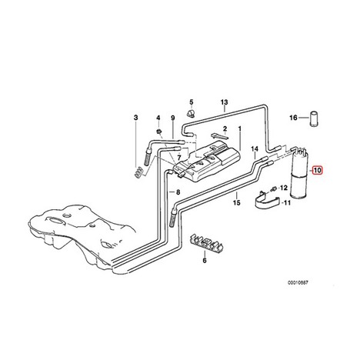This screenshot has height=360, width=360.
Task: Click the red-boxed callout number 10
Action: click(318, 170)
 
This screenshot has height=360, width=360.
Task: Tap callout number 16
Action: click(293, 118)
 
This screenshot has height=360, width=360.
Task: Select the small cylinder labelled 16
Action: click(315, 118)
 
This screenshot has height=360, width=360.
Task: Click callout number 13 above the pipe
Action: click(224, 102)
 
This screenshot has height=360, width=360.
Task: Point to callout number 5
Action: click(192, 102)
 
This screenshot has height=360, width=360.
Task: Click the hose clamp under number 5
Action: click(191, 113)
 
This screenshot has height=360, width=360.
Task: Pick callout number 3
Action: click(135, 118)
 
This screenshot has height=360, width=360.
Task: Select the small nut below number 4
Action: click(159, 132)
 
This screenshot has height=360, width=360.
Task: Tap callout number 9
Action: click(173, 118)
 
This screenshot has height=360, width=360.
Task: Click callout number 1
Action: click(240, 128)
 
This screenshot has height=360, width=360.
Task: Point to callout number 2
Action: click(225, 128)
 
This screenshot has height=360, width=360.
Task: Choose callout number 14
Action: click(255, 148)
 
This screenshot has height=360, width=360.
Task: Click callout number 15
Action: click(236, 203)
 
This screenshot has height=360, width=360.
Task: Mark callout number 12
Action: click(283, 188)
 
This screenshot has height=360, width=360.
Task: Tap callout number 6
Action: click(205, 260)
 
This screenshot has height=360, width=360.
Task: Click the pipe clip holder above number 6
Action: click(206, 242)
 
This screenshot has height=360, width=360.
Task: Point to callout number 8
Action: click(178, 192)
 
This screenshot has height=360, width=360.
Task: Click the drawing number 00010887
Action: click(298, 282)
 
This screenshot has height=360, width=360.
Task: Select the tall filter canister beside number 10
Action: click(299, 174)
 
